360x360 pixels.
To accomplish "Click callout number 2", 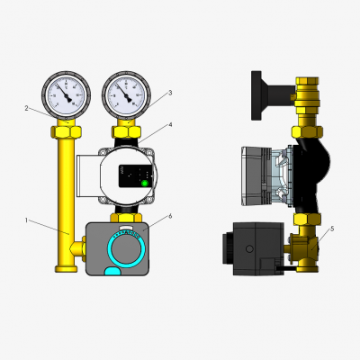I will [x=27, y=108].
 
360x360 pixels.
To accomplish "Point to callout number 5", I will [x=332, y=229].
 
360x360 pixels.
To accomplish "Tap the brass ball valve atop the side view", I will [x=305, y=91].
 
